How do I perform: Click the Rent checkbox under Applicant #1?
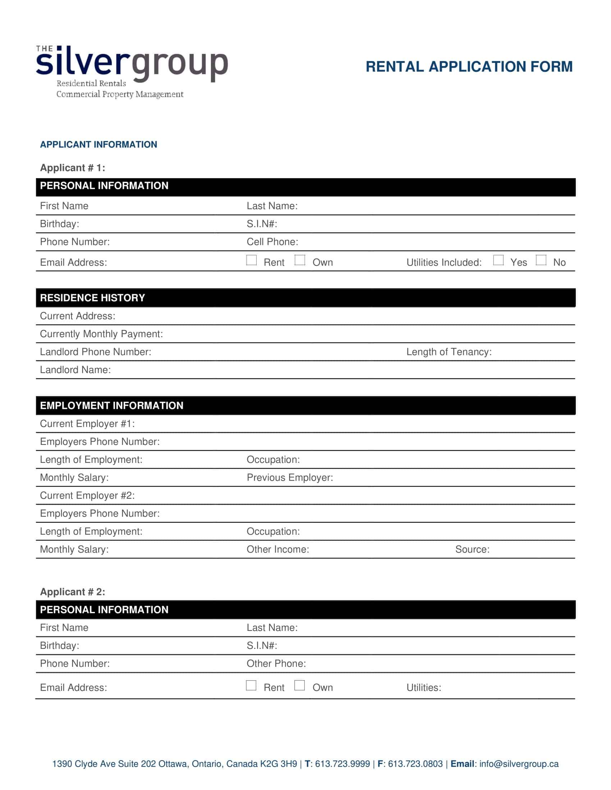[x=251, y=260]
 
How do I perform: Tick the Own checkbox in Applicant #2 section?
[x=299, y=685]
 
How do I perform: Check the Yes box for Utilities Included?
[x=498, y=260]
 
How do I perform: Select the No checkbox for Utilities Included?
[x=541, y=260]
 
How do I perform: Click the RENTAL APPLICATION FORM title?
[x=469, y=67]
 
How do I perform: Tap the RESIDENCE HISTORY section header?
[x=92, y=298]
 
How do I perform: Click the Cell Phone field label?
[x=272, y=242]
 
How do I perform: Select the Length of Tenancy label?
[x=449, y=352]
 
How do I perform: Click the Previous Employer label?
[x=290, y=478]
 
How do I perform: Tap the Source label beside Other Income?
[x=472, y=549]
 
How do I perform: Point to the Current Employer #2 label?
[x=87, y=495]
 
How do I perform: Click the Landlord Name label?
[x=75, y=370]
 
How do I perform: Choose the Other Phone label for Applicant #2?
[x=276, y=663]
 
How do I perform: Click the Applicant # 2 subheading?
[x=72, y=592]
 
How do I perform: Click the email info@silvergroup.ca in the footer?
[x=519, y=763]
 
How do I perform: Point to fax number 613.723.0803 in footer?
[x=415, y=763]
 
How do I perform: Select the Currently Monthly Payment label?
[x=101, y=334]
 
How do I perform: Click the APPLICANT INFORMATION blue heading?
[x=98, y=144]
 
